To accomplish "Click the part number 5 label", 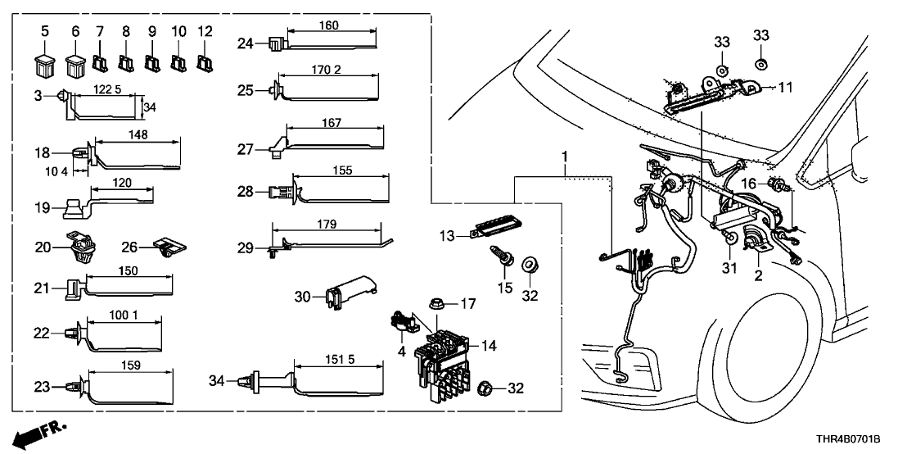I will tap(45, 30).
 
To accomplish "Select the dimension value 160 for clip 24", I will tap(327, 25).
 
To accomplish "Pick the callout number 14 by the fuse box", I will tap(489, 346).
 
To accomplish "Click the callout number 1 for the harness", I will tap(563, 156).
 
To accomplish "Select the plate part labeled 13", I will tap(500, 229).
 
